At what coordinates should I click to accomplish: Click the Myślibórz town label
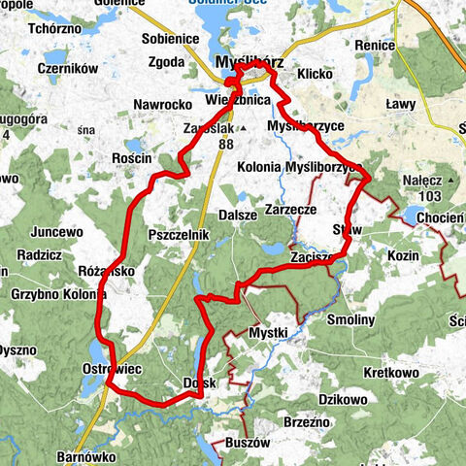tap(250, 61)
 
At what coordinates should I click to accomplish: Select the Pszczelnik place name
tap(176, 236)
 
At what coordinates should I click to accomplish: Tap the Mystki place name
tap(268, 333)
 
